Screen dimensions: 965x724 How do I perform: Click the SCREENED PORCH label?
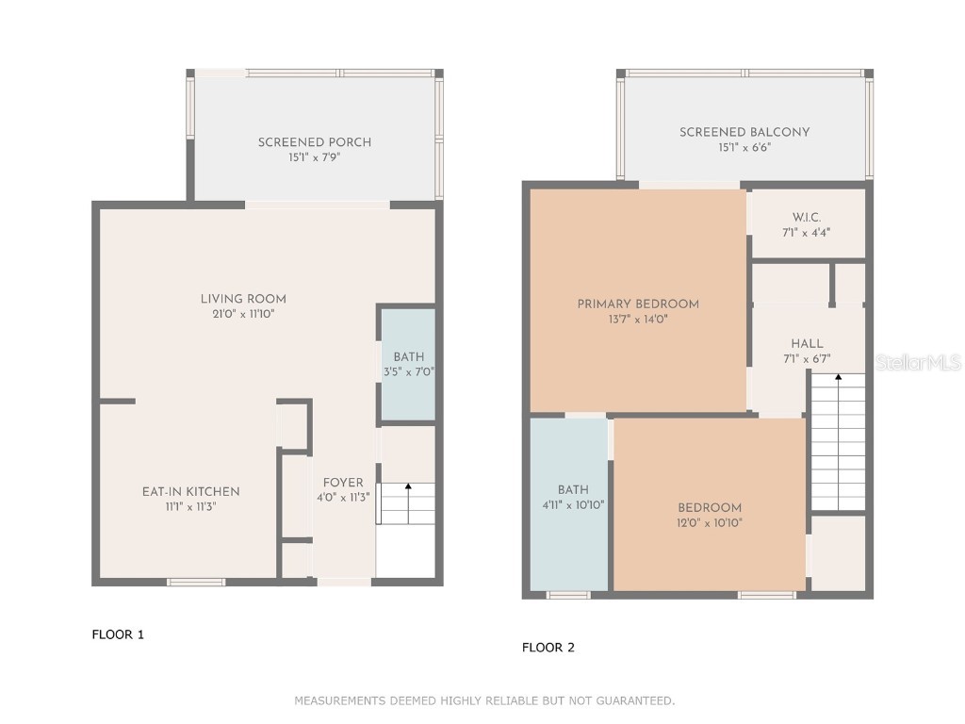coord(315,142)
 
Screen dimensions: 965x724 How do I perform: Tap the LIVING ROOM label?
coord(243,299)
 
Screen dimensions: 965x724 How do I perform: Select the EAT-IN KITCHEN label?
coord(190,492)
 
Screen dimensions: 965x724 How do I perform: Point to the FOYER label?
coord(343,483)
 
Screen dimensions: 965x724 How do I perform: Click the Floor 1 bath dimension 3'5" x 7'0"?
coord(409,371)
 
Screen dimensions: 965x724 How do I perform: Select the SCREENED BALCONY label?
coord(744,132)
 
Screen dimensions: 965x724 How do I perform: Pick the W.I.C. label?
coord(807,218)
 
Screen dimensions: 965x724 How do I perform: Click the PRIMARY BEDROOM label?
coord(638,304)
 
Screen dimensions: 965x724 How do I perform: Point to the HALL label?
coord(807,344)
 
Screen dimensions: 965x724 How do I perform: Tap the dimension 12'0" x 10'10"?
coord(710,523)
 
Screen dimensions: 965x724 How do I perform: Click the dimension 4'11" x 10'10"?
coord(573,505)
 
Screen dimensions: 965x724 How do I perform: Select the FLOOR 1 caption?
coord(118,634)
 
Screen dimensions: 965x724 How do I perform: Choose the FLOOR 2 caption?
coord(548,648)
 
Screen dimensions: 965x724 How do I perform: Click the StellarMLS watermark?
coord(918,363)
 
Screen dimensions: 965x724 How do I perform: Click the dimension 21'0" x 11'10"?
coord(243,315)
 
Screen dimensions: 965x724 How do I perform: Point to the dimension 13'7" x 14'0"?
coord(638,320)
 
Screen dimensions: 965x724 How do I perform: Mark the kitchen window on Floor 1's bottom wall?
coord(196,582)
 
